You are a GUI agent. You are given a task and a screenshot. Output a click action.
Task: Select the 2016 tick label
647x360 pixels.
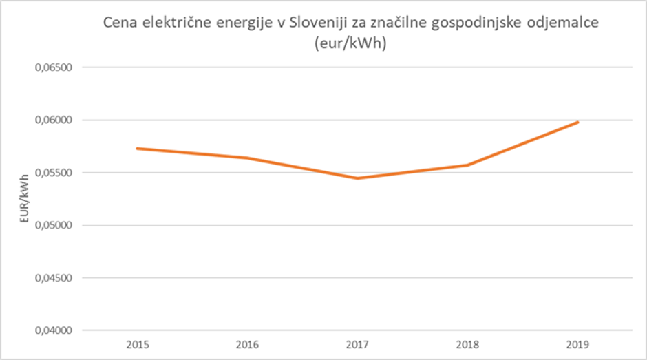click(246, 343)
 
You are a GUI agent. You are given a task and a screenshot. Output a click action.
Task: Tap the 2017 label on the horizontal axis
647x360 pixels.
click(357, 343)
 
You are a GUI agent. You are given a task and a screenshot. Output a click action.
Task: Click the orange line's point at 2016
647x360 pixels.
click(246, 158)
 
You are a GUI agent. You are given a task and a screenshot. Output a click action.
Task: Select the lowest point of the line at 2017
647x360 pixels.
click(357, 178)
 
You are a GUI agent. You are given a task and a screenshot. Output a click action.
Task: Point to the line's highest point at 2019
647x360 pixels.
click(577, 122)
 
